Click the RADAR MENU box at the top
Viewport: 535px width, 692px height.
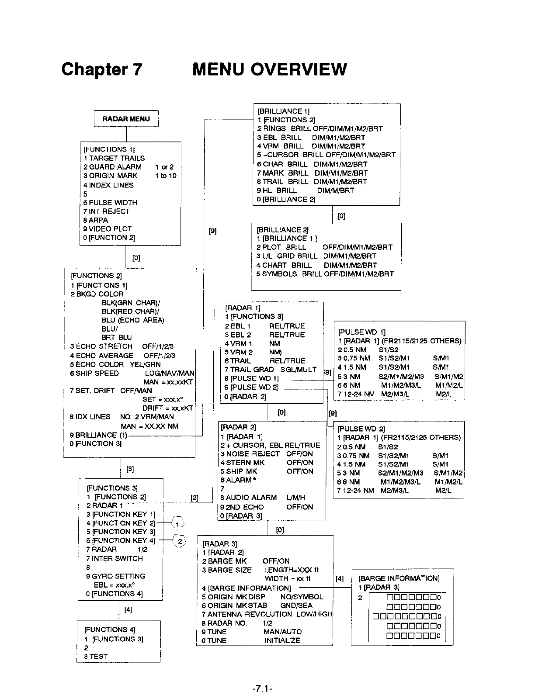coord(126,119)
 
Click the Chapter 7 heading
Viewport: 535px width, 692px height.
coord(102,69)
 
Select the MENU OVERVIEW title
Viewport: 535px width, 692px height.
coord(269,69)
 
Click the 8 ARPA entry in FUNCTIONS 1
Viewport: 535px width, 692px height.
coord(96,220)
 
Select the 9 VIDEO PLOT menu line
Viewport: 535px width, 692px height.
coord(108,229)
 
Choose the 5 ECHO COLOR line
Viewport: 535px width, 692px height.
coord(115,364)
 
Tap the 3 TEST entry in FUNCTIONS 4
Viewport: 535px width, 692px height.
coord(96,656)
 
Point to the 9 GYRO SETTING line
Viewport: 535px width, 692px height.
coord(116,576)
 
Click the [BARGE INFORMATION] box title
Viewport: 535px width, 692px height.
coord(399,578)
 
